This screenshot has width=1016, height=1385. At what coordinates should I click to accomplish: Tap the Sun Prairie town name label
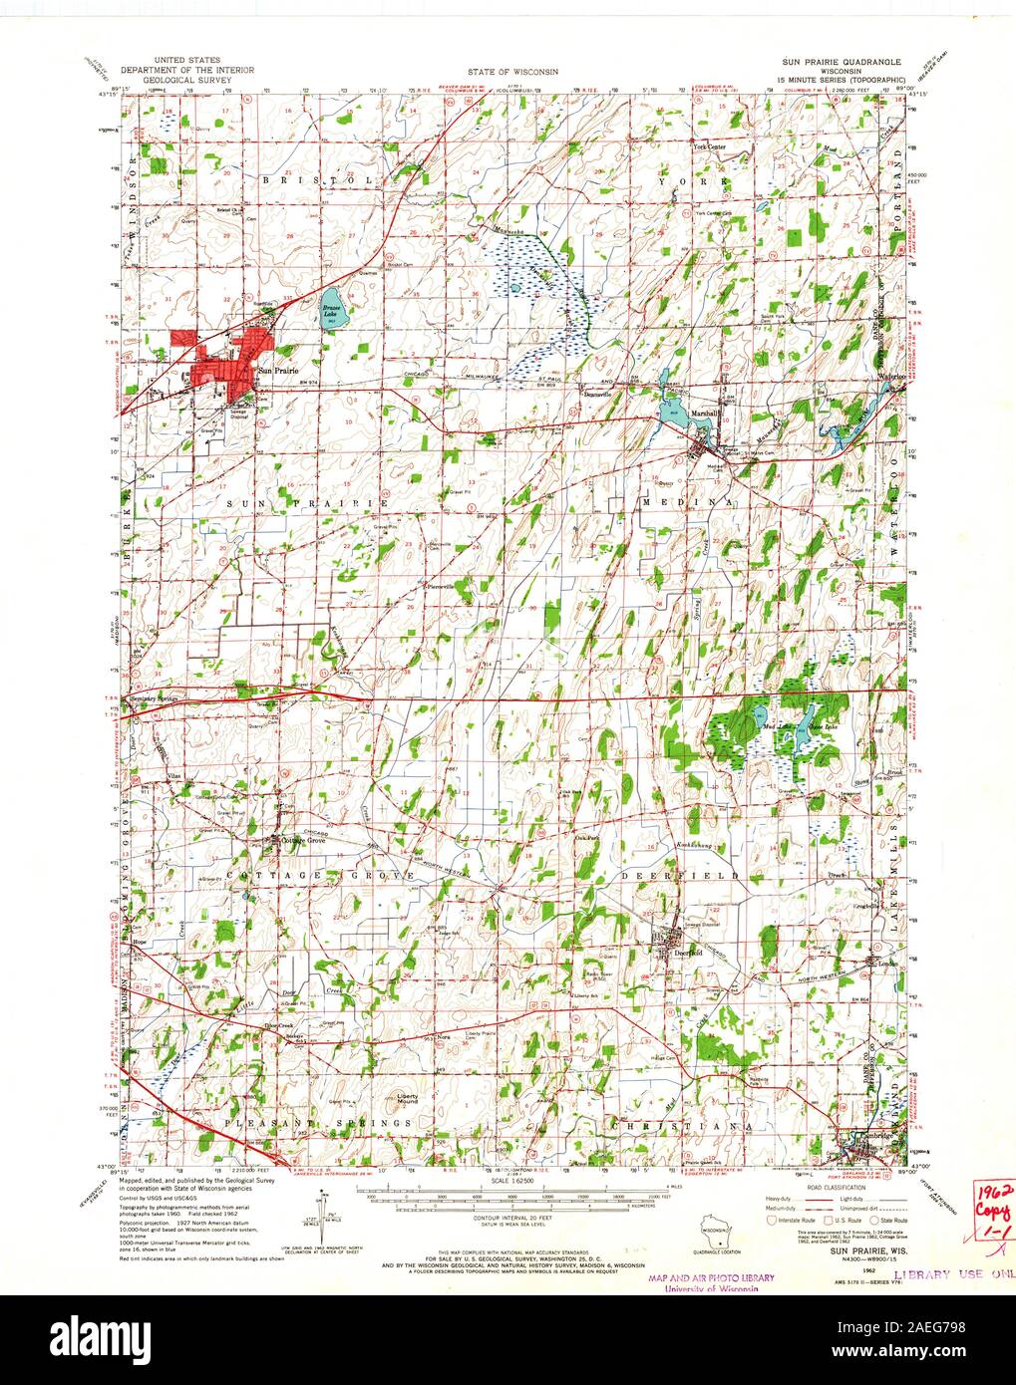(x=278, y=371)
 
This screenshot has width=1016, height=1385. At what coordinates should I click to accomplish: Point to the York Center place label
(x=711, y=146)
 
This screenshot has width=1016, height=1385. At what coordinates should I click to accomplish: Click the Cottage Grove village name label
(x=304, y=841)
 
